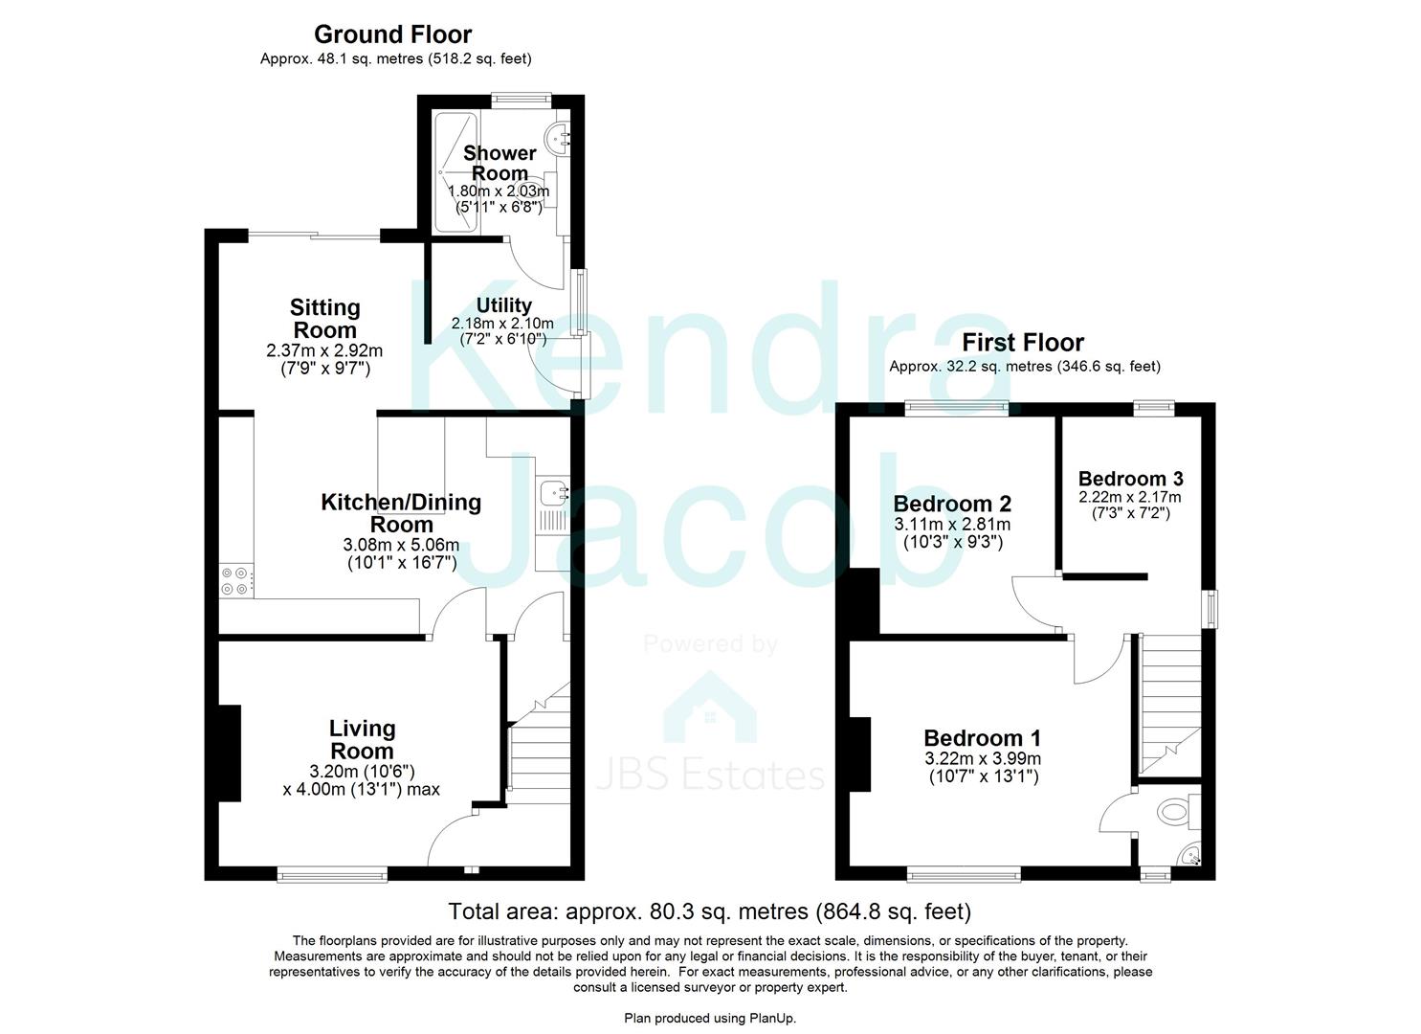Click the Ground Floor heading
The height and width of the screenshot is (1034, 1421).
392,35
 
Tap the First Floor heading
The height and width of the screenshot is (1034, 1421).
1023,343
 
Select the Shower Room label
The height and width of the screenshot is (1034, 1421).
500,164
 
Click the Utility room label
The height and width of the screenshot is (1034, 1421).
503,305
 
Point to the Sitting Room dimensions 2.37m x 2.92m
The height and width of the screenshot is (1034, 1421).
324,350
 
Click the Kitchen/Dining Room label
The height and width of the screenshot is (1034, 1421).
401,513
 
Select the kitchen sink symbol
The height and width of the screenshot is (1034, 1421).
554,494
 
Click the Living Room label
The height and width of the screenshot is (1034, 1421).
362,739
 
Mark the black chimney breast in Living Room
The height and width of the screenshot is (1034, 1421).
229,753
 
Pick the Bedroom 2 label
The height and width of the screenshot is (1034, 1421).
952,505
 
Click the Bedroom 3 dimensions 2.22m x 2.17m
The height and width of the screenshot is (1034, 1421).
1130,497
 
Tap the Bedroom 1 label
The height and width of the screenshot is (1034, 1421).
983,738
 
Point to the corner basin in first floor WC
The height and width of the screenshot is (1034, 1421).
1190,857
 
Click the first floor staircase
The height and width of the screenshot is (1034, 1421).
1169,704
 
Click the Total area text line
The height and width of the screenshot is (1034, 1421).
710,911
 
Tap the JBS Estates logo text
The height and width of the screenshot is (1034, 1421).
710,775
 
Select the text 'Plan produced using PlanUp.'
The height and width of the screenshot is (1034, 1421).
710,1018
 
